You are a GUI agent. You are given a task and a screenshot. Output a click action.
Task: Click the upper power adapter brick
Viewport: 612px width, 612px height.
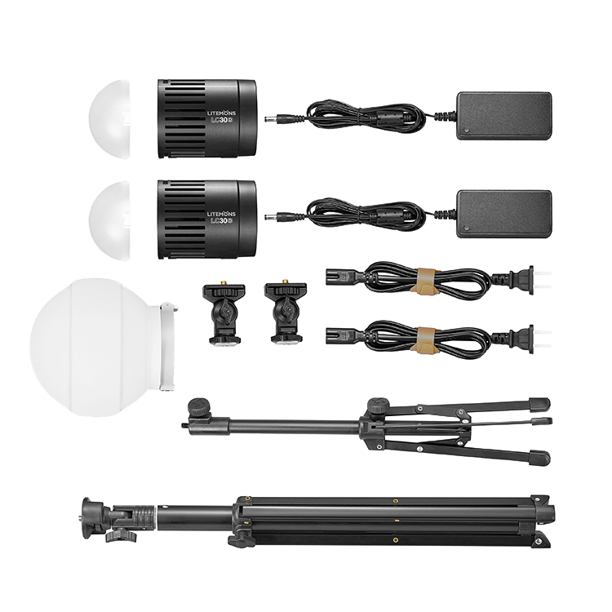[504, 116]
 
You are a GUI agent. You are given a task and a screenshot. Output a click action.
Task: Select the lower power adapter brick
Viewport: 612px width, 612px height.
[504, 214]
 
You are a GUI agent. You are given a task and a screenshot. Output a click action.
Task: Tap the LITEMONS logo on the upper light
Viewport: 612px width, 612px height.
[221, 113]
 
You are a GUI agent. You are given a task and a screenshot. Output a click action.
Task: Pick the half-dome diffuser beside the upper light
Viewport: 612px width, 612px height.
[109, 119]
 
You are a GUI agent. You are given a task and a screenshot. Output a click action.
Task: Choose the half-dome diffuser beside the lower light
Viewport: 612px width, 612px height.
[109, 220]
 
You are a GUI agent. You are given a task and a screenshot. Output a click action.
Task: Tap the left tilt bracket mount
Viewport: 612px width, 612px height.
[224, 313]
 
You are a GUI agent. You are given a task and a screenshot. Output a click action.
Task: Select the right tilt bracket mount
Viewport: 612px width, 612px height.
[286, 311]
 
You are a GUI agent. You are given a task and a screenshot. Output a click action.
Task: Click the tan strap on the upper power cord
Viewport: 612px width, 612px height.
[425, 281]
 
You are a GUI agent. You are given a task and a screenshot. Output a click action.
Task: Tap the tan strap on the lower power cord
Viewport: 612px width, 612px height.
[425, 341]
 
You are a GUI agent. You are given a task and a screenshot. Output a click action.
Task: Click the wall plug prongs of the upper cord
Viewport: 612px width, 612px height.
[543, 279]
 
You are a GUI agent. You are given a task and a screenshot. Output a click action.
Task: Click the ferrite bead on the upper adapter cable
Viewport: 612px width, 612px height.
[387, 117]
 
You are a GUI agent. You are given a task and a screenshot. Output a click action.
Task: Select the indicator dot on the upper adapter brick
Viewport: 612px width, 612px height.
[467, 130]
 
